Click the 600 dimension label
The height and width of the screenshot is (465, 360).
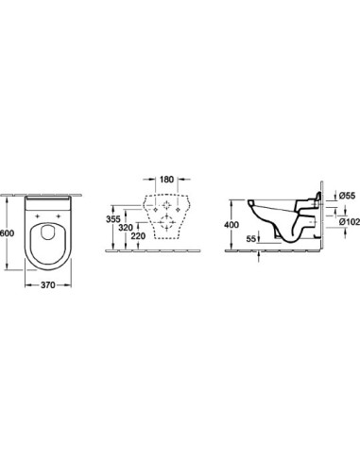[7, 233]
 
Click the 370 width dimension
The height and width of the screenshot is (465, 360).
[48, 285]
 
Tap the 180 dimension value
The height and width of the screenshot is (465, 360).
[166, 180]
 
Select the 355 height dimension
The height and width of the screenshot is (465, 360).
[113, 218]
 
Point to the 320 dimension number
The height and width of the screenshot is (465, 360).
[126, 227]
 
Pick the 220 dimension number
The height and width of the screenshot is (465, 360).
[138, 235]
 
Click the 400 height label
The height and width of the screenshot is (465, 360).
[231, 225]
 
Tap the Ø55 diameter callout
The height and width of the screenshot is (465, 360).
[347, 196]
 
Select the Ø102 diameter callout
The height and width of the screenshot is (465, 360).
[350, 222]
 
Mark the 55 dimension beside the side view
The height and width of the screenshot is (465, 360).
[250, 239]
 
